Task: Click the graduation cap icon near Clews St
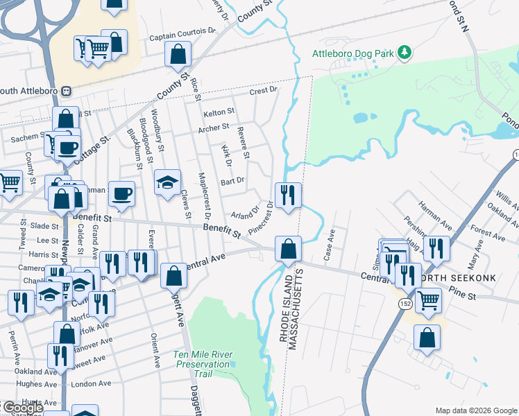click(x=167, y=182)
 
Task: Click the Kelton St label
click(x=219, y=112)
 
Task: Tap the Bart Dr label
click(x=232, y=181)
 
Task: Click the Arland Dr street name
click(x=244, y=210)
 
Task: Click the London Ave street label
click(x=91, y=383)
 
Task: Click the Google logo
click(x=22, y=408)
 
